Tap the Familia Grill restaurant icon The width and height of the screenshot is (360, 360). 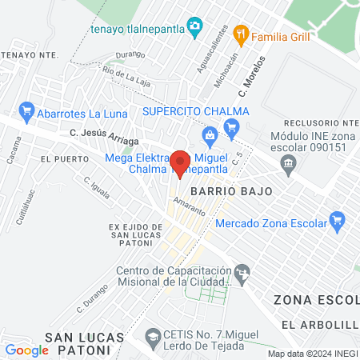pos(239,36)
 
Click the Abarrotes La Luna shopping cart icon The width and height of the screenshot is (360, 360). pos(26,110)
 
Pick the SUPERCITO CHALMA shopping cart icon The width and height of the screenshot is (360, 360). pos(232,126)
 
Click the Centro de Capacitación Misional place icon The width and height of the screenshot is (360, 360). pos(241,276)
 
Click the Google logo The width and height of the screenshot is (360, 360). pos(26,350)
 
